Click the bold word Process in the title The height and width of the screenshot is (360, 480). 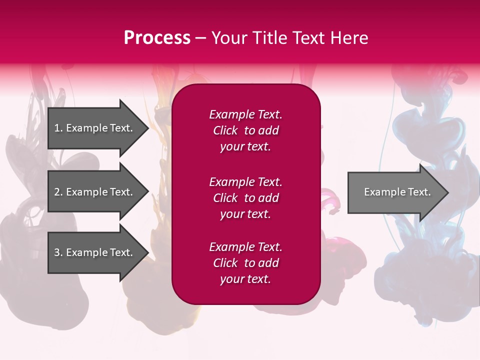[x=157, y=38]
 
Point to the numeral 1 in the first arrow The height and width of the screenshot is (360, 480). [x=57, y=128]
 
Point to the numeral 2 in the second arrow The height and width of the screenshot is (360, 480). [x=57, y=192]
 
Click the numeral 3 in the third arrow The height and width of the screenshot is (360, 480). [x=57, y=252]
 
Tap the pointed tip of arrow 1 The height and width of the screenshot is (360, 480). [x=146, y=128]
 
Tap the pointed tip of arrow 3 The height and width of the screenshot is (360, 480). [x=146, y=252]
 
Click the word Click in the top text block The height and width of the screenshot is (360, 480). [x=225, y=130]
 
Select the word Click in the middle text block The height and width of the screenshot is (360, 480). [x=225, y=198]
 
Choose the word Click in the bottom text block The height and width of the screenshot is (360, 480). [x=225, y=263]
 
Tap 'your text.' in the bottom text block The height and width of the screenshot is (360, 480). [x=245, y=279]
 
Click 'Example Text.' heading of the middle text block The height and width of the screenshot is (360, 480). [x=245, y=181]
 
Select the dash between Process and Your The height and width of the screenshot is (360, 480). [x=200, y=38]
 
